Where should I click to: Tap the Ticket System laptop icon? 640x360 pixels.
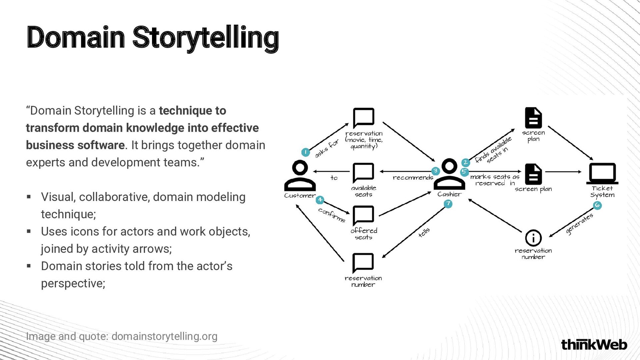pos(602,173)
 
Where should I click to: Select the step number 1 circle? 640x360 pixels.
pos(305,152)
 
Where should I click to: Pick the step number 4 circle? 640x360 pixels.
pos(320,200)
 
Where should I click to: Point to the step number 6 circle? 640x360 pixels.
pos(597,205)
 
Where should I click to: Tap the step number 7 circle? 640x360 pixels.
pos(448,204)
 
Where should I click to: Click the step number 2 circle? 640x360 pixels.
pos(465,162)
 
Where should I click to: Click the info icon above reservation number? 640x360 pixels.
pos(533,238)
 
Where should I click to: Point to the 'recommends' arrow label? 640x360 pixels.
pos(413,178)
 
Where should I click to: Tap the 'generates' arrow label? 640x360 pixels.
pos(579,224)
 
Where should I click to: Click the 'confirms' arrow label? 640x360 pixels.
pos(332,215)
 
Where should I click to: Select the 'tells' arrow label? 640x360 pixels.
pos(424,232)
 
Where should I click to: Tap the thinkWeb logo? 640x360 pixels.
pos(594,344)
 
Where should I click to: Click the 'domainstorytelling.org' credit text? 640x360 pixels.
pos(164,336)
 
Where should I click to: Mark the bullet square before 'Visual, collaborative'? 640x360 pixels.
pos(29,197)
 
